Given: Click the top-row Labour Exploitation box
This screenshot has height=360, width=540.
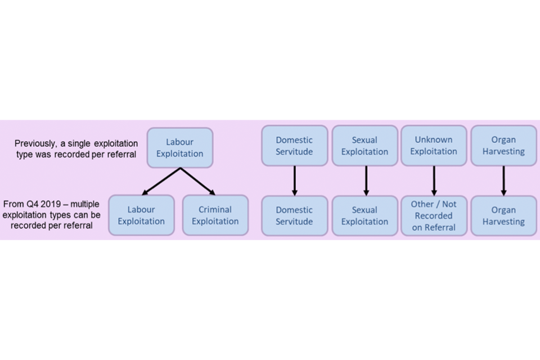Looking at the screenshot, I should [x=180, y=147].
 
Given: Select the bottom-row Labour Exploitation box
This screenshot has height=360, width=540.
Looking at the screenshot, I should [x=141, y=215].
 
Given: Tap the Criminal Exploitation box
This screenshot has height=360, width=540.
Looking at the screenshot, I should [x=215, y=215].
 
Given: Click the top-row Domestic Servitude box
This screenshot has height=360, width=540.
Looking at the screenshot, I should [x=294, y=146].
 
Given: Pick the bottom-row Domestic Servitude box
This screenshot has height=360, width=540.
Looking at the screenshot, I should [x=294, y=215].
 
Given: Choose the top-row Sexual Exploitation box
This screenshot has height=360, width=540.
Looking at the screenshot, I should [x=364, y=146].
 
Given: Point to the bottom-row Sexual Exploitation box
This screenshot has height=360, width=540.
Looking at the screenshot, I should [x=364, y=215].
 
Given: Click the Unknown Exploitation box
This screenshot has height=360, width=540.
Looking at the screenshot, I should [x=434, y=146].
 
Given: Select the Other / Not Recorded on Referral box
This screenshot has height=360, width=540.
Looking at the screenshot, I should [x=434, y=215].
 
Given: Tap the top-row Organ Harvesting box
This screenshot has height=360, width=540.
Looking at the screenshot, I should [x=503, y=146].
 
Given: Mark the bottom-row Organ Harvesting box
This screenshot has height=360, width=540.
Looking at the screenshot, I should [x=503, y=215].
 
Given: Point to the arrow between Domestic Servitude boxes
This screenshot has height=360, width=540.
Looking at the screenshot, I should [x=294, y=181].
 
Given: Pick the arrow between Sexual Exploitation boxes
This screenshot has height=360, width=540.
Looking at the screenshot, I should [x=366, y=181].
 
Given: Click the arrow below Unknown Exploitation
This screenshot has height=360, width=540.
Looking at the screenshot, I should [x=434, y=181].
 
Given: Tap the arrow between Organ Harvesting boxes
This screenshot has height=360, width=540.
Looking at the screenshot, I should [x=503, y=181].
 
